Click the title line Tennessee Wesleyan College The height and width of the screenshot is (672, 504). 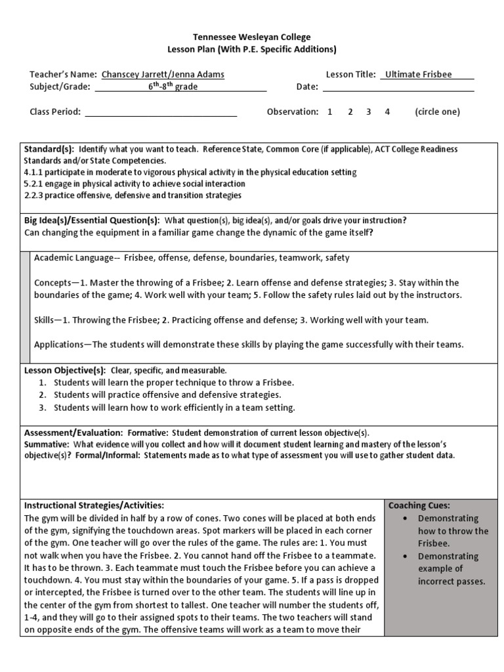(x=252, y=37)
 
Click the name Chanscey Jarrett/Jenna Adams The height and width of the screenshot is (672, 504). (x=162, y=75)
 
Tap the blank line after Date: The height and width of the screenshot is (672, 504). (x=398, y=87)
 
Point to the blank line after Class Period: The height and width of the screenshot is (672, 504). (x=161, y=112)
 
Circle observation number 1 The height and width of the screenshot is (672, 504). (x=330, y=112)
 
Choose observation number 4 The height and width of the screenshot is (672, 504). (x=387, y=112)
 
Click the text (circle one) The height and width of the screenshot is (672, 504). (x=437, y=112)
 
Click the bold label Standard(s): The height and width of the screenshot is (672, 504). (x=49, y=150)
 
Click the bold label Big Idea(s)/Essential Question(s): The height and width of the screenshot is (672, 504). (x=93, y=220)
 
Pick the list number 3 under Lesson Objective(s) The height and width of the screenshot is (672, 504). (x=42, y=408)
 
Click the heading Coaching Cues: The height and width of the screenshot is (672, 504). (x=419, y=505)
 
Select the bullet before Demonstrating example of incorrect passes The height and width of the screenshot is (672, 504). (x=409, y=556)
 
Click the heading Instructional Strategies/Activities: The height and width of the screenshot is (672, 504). (x=94, y=505)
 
